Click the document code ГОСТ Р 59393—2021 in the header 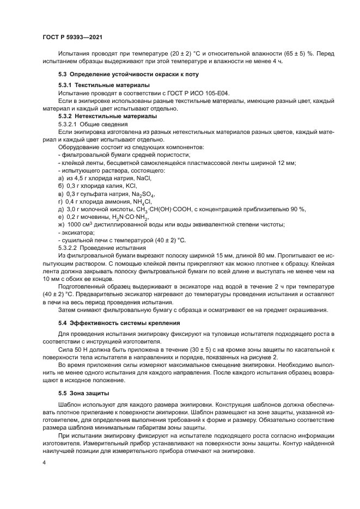[72, 37]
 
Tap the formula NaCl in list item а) [143, 177]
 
